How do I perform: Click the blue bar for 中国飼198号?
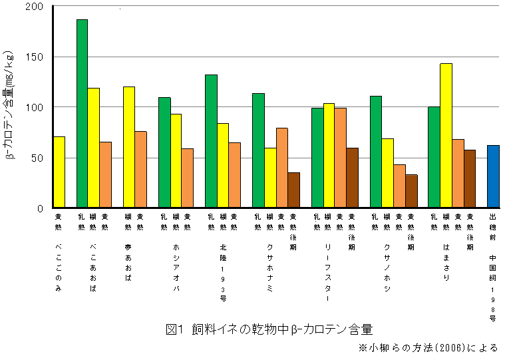coord(493,176)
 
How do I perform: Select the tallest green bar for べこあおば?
coord(83,114)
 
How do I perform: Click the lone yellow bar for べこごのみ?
coord(59,172)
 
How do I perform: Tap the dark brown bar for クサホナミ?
coord(293,190)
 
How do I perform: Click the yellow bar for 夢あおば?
coord(129,147)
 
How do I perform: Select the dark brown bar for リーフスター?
coord(352,178)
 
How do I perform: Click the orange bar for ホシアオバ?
coord(188,178)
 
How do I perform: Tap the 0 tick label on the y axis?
coord(40,208)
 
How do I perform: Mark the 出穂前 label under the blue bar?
coord(493,226)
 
